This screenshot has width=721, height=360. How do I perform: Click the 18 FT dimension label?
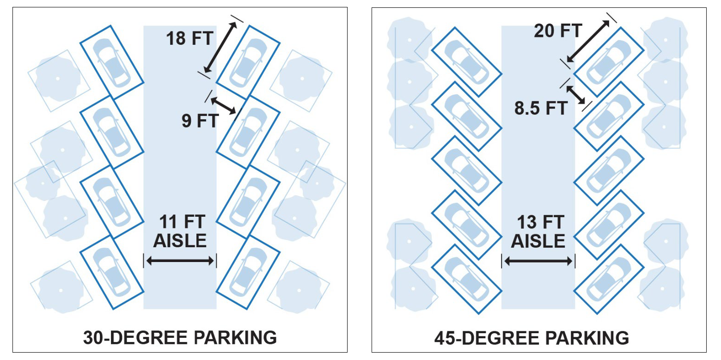(x=189, y=39)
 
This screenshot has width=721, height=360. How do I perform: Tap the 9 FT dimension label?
(x=200, y=121)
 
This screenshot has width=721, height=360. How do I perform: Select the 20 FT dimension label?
(x=558, y=31)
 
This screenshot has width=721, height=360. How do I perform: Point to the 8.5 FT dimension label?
(x=541, y=108)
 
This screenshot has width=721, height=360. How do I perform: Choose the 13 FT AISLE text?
(x=538, y=232)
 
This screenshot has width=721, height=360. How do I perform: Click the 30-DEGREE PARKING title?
(x=180, y=337)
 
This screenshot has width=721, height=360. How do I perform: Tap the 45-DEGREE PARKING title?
(x=532, y=338)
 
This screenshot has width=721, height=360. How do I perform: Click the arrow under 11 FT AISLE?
(x=180, y=261)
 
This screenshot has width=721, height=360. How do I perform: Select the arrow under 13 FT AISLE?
(x=538, y=261)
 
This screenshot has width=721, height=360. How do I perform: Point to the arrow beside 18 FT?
(x=220, y=47)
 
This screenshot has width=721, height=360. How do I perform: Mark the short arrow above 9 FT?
(x=223, y=106)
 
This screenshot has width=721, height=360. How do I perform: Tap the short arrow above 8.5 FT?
(x=575, y=95)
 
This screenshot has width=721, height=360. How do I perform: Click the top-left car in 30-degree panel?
(x=112, y=62)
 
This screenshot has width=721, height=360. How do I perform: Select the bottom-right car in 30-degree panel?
(x=248, y=272)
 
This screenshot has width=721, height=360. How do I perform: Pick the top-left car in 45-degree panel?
(x=466, y=61)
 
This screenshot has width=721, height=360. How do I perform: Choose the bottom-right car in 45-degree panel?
(x=609, y=279)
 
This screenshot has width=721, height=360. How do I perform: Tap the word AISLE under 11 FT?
(x=180, y=241)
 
